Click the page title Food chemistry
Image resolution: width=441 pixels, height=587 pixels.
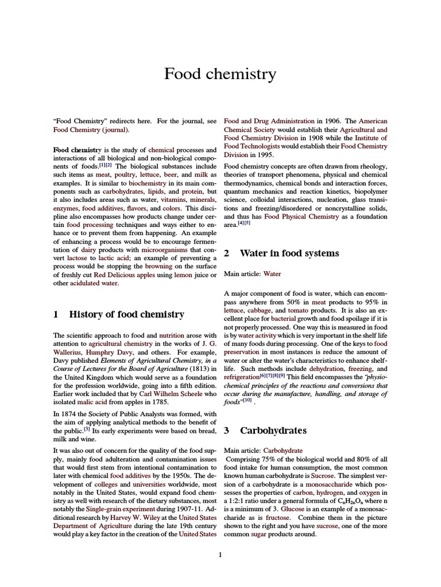pyautogui.click(x=220, y=74)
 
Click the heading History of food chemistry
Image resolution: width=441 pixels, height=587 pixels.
pyautogui.click(x=126, y=314)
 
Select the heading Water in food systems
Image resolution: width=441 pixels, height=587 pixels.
pyautogui.click(x=289, y=253)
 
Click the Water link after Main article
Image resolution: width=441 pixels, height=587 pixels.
pyautogui.click(x=272, y=274)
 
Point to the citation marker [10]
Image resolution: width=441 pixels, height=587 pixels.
pyautogui.click(x=247, y=401)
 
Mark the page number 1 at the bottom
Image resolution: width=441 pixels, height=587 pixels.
pyautogui.click(x=220, y=554)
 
